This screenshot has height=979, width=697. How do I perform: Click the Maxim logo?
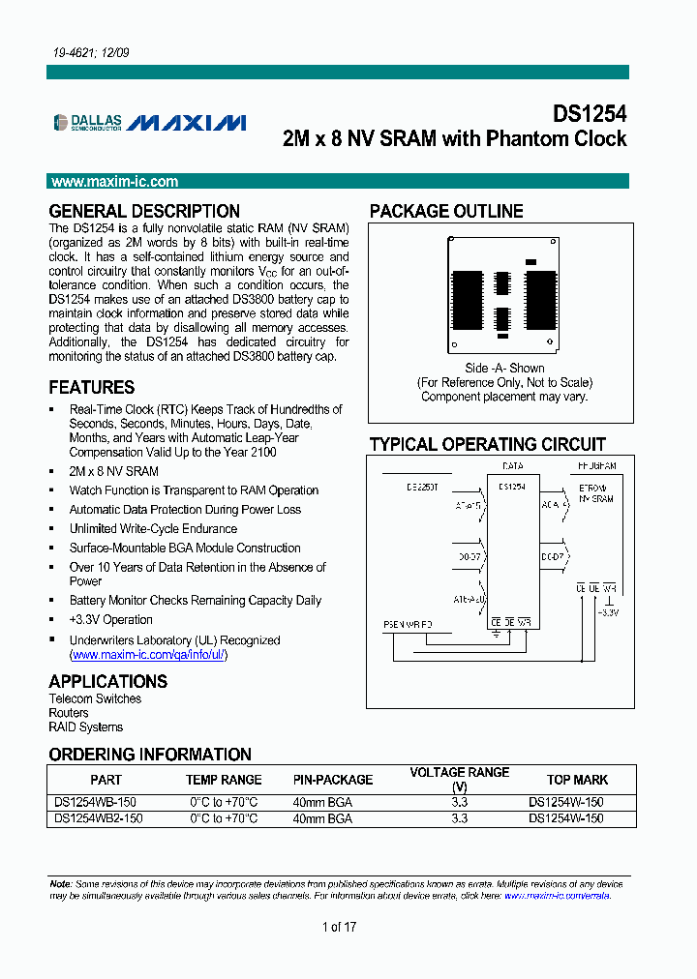click(188, 123)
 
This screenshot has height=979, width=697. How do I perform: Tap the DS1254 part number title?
click(589, 113)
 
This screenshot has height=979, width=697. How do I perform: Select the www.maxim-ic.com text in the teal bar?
click(114, 182)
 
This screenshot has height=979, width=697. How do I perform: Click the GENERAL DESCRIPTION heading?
click(144, 211)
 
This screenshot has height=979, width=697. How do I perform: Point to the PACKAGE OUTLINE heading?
click(446, 211)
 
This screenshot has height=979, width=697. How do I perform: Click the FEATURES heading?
click(92, 387)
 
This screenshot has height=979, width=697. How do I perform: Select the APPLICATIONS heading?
click(107, 681)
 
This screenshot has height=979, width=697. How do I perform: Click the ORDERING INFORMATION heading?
click(150, 755)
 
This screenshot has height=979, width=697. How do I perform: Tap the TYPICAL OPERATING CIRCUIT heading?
click(487, 444)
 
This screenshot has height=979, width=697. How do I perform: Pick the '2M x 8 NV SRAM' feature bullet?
click(113, 471)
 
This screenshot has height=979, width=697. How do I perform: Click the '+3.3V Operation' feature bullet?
click(110, 620)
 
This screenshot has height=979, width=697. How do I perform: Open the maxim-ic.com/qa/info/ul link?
click(149, 654)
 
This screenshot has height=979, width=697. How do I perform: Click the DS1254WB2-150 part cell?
click(99, 818)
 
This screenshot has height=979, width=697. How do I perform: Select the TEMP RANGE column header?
click(224, 780)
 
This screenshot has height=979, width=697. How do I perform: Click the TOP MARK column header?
click(577, 780)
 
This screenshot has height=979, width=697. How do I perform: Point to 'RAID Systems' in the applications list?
click(86, 727)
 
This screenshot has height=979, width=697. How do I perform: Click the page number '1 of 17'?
click(339, 927)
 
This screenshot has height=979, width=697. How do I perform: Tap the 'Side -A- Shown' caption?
click(504, 369)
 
